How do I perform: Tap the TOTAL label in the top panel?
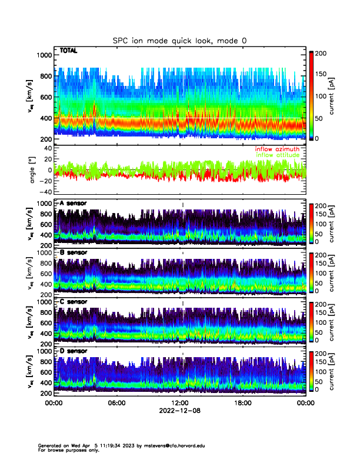(69, 51)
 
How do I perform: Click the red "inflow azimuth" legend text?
(277, 149)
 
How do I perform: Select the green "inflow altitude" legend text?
(277, 155)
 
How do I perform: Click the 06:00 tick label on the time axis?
(116, 403)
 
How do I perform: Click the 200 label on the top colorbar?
(321, 53)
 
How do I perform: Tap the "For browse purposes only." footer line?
(64, 450)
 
